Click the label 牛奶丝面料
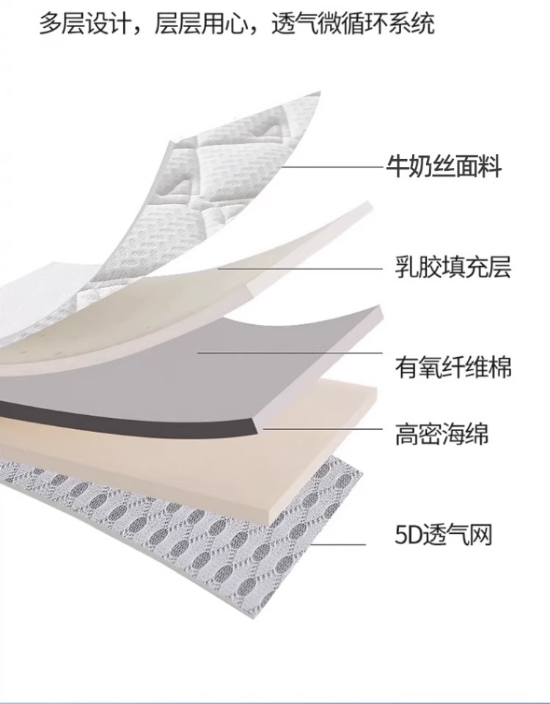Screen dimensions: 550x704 tap(444, 167)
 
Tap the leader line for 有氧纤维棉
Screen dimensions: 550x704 tap(293, 353)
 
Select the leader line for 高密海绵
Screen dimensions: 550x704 tap(323, 428)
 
